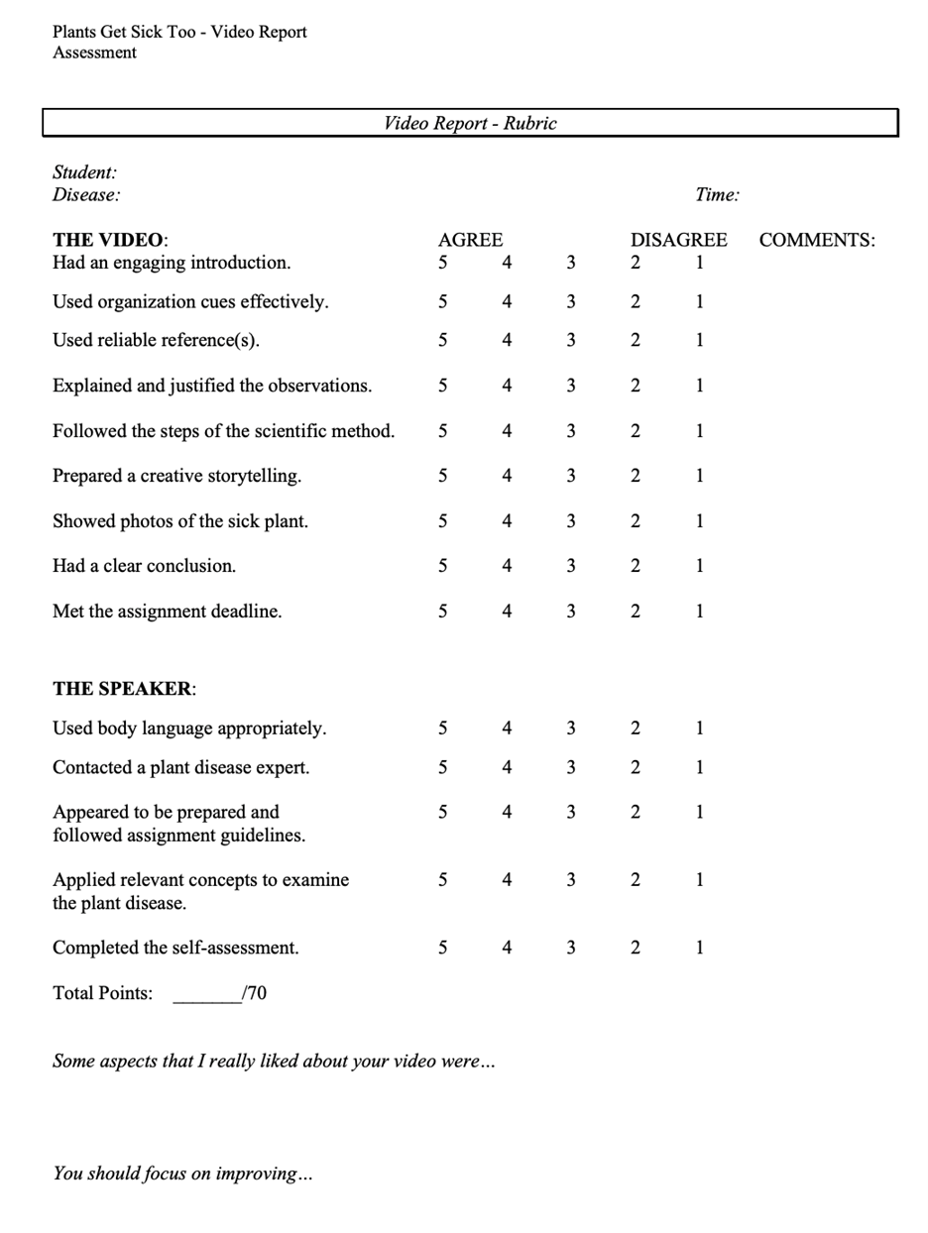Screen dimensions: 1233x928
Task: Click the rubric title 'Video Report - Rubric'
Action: (470, 124)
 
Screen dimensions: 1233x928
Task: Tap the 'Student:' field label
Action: (84, 172)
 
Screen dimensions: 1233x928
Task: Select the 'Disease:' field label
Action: (86, 194)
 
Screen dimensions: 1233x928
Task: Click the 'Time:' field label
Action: (717, 194)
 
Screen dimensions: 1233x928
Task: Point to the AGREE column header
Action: (470, 240)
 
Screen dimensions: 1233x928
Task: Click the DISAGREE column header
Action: (679, 240)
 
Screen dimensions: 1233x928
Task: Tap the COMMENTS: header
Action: (817, 240)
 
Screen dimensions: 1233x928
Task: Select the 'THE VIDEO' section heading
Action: (110, 240)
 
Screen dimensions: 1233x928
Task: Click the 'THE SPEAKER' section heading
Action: (124, 689)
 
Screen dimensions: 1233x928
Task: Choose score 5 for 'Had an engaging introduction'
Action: (442, 263)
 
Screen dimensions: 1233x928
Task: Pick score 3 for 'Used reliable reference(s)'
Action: (571, 340)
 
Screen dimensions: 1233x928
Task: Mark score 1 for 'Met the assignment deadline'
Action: (699, 612)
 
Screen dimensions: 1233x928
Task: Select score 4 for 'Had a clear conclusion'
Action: (507, 566)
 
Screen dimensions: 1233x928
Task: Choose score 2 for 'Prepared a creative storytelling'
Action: (636, 476)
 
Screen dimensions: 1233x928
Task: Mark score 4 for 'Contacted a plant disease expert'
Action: (507, 767)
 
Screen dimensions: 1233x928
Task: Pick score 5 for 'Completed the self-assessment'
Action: (442, 948)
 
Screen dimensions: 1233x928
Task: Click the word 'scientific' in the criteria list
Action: (298, 431)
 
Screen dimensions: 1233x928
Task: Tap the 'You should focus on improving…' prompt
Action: (182, 1174)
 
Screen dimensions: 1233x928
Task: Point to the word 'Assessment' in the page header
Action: (94, 53)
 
